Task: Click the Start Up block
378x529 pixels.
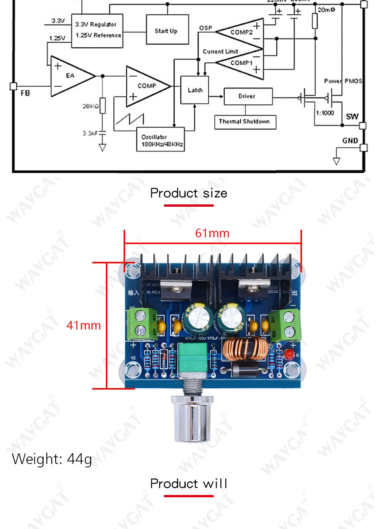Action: point(167,30)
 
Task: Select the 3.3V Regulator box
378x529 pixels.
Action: point(97,31)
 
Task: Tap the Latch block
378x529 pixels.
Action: point(195,90)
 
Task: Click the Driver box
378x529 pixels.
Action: point(248,96)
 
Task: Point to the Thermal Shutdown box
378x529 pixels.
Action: point(245,122)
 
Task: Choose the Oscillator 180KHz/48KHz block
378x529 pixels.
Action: point(161,140)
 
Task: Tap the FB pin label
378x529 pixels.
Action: point(25,93)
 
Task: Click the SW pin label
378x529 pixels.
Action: point(352,116)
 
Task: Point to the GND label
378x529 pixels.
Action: point(350,141)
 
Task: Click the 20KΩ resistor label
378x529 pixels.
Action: point(90,106)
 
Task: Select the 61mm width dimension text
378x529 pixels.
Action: point(212,233)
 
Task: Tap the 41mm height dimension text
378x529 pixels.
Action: point(84,325)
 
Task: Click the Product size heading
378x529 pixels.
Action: point(189,193)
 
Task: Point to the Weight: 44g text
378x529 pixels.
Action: point(52,459)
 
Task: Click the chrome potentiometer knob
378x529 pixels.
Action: point(192,419)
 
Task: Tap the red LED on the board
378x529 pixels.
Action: point(289,354)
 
